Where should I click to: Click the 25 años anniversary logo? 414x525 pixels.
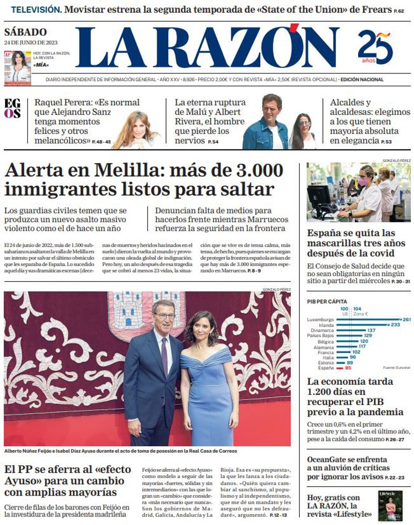375,47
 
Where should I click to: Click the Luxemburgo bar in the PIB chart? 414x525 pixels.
370,320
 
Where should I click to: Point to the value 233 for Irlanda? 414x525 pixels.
395,325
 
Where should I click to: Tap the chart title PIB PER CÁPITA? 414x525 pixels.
327,302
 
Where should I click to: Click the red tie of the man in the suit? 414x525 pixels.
164,356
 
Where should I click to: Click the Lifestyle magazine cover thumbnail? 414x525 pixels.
390,505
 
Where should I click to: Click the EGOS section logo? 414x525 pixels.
12,108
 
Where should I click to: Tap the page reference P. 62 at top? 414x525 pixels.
398,10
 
